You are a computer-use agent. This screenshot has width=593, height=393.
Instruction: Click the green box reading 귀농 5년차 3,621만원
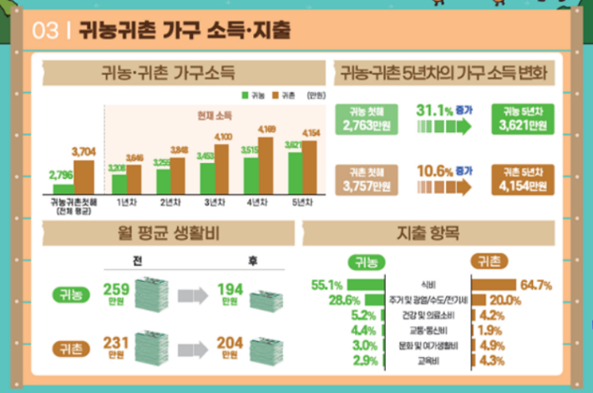tap(520, 120)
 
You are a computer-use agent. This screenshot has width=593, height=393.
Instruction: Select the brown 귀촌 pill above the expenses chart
tap(487, 262)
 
